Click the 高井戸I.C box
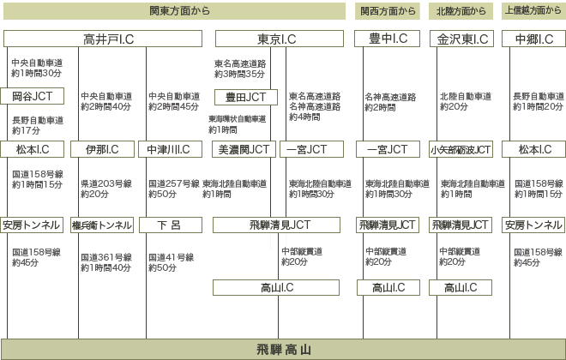tap(103, 39)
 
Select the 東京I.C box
tap(280, 39)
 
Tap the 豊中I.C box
tap(388, 39)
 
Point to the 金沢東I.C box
tap(461, 39)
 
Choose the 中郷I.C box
tap(534, 39)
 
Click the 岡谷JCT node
tap(32, 96)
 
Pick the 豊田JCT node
tap(246, 97)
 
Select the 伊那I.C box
tap(103, 149)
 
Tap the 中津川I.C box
tap(170, 149)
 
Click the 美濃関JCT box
tap(244, 149)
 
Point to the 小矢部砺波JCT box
tap(461, 149)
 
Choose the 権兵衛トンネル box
tap(102, 225)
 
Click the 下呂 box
tap(171, 225)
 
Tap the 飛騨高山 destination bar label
tap(284, 350)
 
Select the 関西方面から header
tap(388, 11)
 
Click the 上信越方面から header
tap(533, 11)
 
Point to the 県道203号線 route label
tap(106, 183)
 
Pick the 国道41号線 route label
tap(172, 257)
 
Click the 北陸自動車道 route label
tap(466, 96)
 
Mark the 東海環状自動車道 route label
tap(238, 119)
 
